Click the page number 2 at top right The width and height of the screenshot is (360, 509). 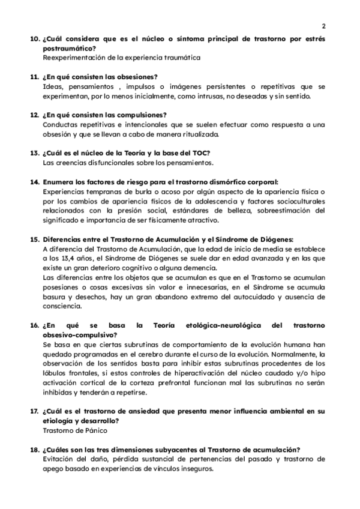[x=323, y=26]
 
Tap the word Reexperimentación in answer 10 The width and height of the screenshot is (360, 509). [x=73, y=58]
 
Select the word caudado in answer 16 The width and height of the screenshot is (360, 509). [x=264, y=373]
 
